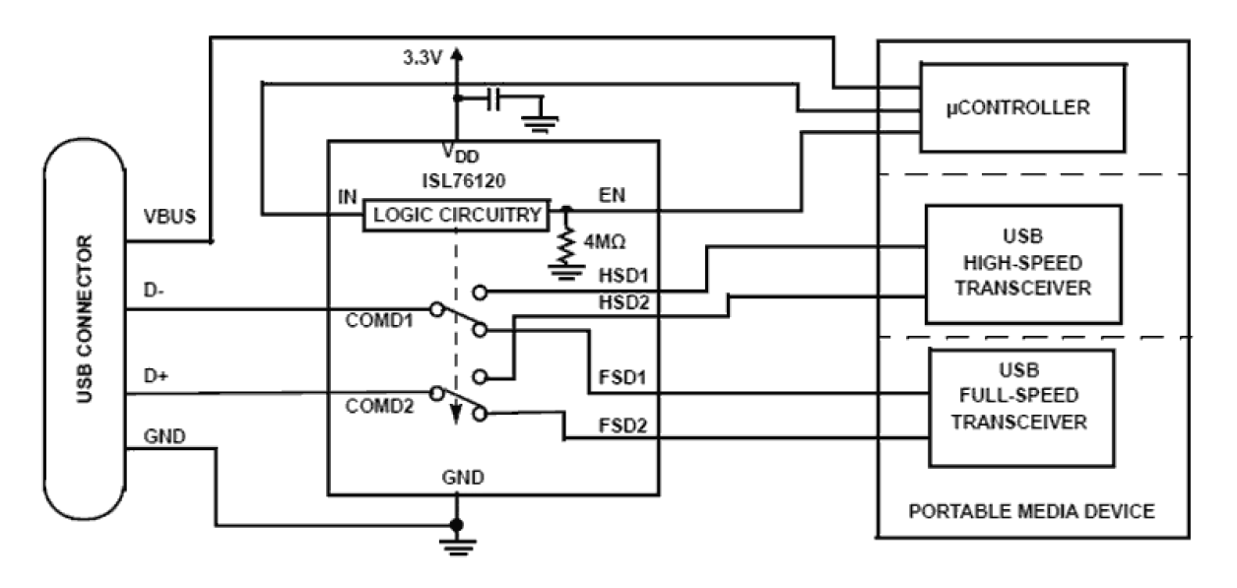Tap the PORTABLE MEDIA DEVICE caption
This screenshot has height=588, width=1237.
pyautogui.click(x=1030, y=512)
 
